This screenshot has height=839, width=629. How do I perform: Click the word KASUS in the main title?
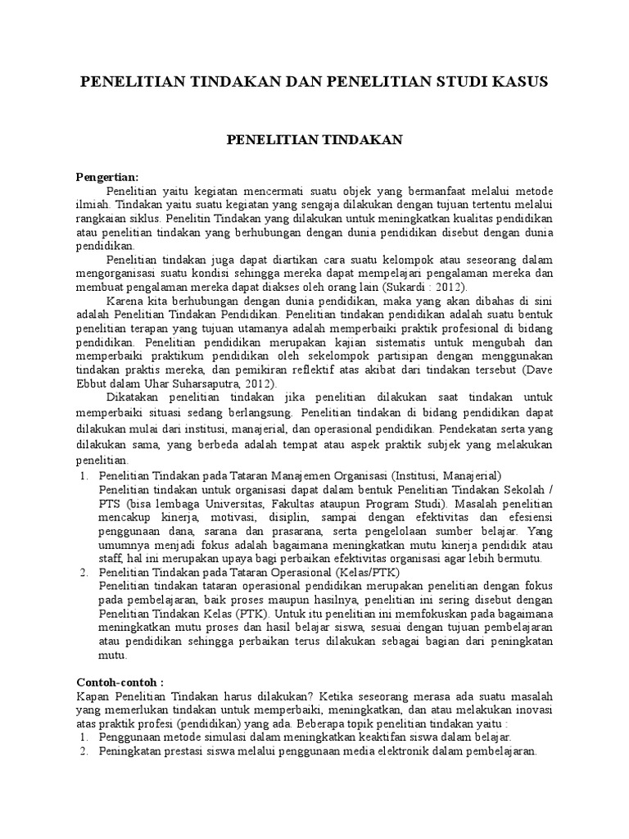[517, 83]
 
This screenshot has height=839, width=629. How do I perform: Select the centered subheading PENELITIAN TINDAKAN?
[314, 140]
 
